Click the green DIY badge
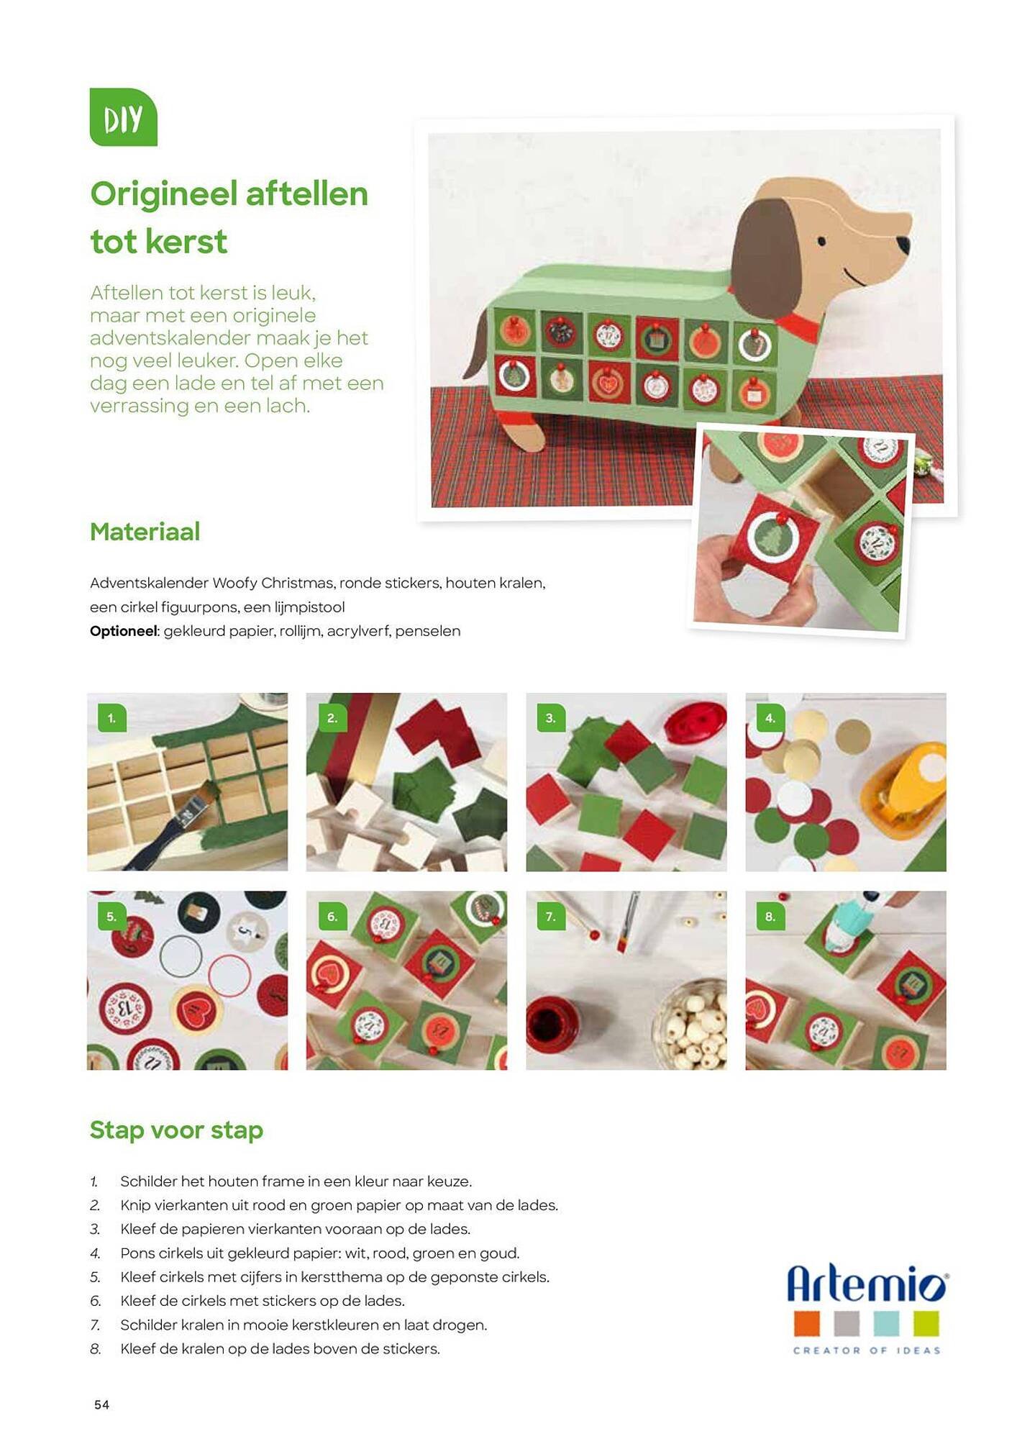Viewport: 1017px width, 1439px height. [x=123, y=117]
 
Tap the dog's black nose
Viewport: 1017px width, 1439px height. [x=903, y=244]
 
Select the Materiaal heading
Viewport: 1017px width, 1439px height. [x=145, y=532]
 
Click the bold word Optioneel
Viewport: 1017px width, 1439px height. [x=124, y=631]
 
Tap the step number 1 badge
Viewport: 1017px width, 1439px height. [x=111, y=718]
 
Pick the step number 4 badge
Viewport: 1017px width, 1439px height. [x=770, y=718]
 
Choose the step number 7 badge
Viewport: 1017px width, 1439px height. [x=551, y=917]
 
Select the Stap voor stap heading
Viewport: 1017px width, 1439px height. [x=176, y=1130]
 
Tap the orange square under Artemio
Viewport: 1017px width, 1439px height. [x=807, y=1324]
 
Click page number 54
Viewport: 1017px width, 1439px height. [x=101, y=1404]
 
